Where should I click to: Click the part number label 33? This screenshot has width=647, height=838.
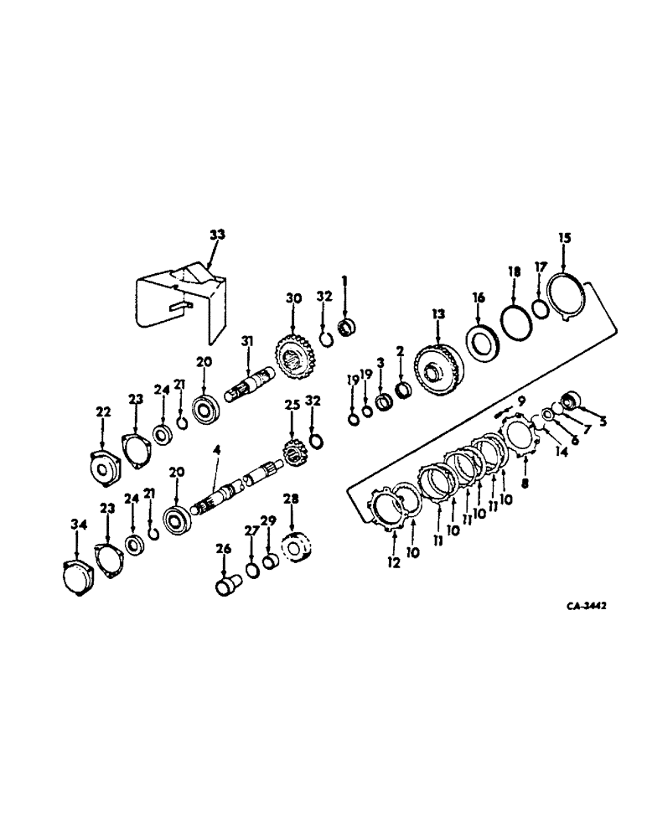(x=216, y=235)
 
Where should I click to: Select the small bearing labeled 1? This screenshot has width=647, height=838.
(x=344, y=325)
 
